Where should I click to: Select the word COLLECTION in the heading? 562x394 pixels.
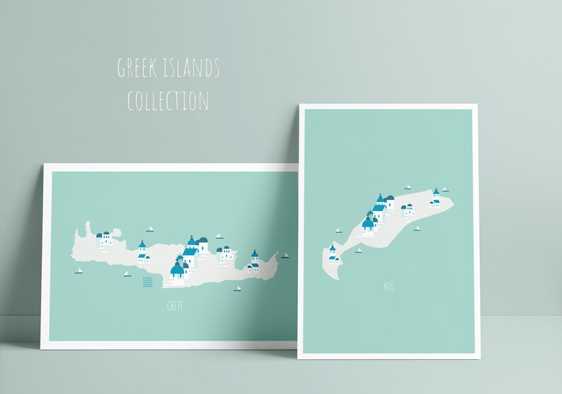pyautogui.click(x=168, y=101)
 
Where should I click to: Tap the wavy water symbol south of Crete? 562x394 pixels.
pyautogui.click(x=148, y=282)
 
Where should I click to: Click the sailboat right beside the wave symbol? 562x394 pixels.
pyautogui.click(x=127, y=274)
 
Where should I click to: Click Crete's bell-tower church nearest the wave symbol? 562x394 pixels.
pyautogui.click(x=142, y=250)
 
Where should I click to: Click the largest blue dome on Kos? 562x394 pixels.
pyautogui.click(x=368, y=224)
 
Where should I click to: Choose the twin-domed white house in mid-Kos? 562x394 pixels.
pyautogui.click(x=408, y=210)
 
